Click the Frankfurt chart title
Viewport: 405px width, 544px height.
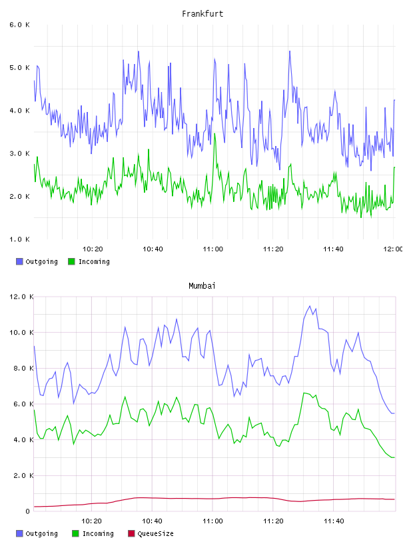202,14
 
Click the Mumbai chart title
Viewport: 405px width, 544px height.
202,286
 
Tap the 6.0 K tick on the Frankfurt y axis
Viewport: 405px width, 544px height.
20,25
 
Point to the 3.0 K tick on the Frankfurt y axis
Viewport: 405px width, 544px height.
20,153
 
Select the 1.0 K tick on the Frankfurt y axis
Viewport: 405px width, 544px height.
20,239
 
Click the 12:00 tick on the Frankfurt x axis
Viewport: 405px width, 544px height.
393,249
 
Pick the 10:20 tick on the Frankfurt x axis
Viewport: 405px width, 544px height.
93,249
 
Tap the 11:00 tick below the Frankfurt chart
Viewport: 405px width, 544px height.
213,249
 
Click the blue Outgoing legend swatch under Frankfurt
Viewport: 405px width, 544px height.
19,261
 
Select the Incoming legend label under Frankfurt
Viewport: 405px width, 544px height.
94,261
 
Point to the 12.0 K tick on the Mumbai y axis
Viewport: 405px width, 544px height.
21,297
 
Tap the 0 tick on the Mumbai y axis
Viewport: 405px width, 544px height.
28,511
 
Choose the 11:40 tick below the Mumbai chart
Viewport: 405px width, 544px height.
334,521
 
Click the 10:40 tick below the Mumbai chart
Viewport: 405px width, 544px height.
153,521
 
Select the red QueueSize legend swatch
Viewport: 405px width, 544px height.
131,533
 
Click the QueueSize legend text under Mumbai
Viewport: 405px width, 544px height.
155,533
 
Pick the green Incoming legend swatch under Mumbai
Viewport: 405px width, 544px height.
75,533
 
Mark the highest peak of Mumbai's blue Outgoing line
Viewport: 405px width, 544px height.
310,306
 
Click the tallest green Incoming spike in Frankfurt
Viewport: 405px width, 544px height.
214,134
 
